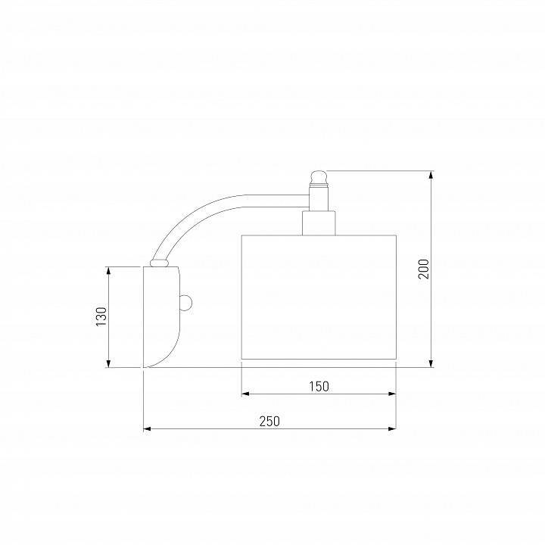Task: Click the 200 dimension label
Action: pyautogui.click(x=424, y=269)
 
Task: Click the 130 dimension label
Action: pyautogui.click(x=101, y=316)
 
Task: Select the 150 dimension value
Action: pyautogui.click(x=319, y=386)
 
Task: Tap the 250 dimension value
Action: pyautogui.click(x=269, y=422)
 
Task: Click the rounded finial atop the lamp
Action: pyautogui.click(x=318, y=178)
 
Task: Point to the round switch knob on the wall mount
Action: pyautogui.click(x=186, y=303)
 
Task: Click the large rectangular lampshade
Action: pyautogui.click(x=319, y=297)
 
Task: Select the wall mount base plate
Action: pyautogui.click(x=161, y=316)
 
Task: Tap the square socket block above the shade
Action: pyautogui.click(x=319, y=223)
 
